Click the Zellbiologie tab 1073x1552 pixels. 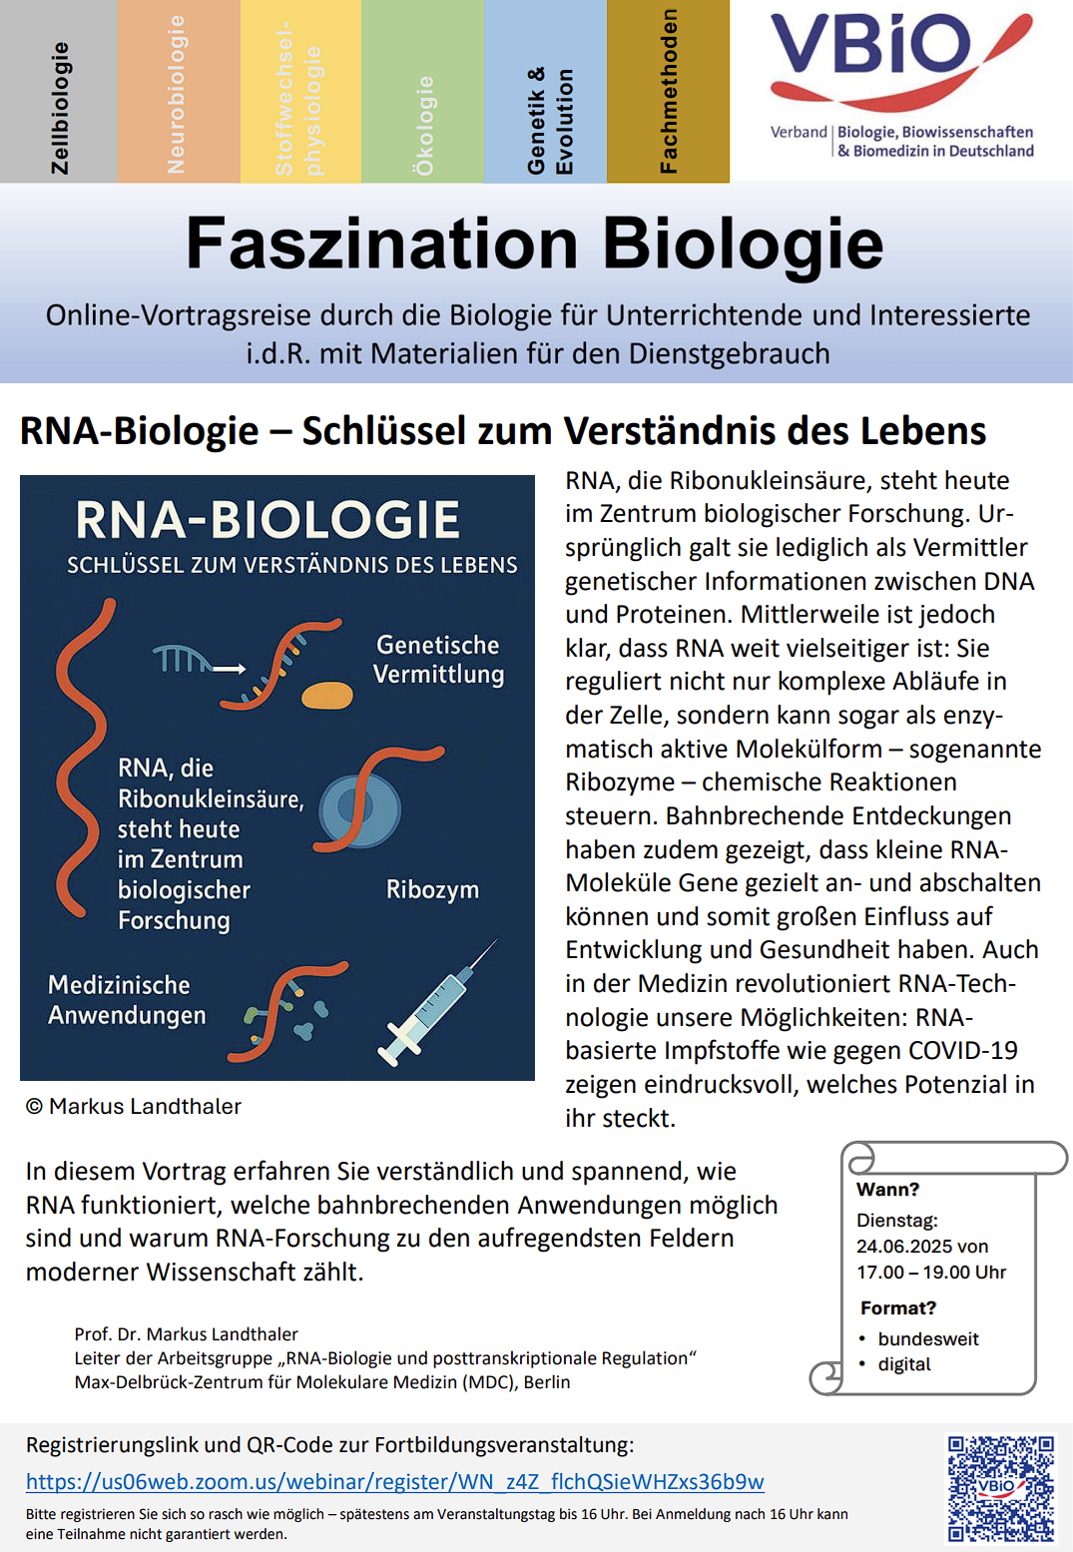pos(59,92)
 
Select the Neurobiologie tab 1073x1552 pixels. pos(178,92)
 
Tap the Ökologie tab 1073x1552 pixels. pos(423,92)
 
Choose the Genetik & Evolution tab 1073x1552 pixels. pos(547,92)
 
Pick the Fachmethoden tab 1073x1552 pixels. pos(668,92)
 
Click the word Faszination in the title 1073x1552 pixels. pos(381,245)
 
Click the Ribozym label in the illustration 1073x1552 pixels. pos(432,889)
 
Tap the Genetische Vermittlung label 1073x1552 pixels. pos(438,660)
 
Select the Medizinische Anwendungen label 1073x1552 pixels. pos(127,1000)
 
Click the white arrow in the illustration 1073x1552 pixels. pos(229,669)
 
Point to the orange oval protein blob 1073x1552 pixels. pos(327,695)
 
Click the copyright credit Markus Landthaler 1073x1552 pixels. pos(134,1106)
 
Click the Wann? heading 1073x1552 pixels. pos(887,1190)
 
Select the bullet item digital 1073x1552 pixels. pos(904,1364)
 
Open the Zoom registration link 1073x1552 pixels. pos(395,1482)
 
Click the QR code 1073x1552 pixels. pos(1000,1488)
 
